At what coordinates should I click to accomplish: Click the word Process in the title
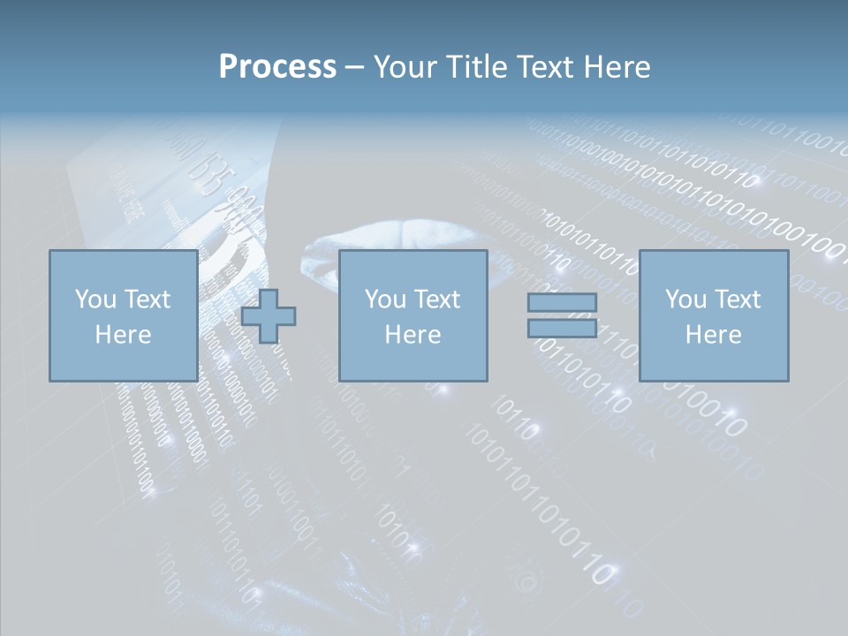pyautogui.click(x=277, y=67)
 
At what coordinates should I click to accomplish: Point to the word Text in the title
pyautogui.click(x=545, y=67)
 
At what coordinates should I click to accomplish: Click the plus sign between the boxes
pyautogui.click(x=269, y=316)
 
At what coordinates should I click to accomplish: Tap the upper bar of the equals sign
pyautogui.click(x=562, y=303)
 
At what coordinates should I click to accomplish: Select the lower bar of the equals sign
pyautogui.click(x=562, y=328)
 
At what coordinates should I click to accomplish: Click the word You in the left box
pyautogui.click(x=95, y=299)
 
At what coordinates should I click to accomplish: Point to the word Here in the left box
pyautogui.click(x=123, y=335)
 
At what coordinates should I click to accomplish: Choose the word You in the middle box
pyautogui.click(x=385, y=299)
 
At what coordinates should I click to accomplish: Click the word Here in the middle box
pyautogui.click(x=413, y=335)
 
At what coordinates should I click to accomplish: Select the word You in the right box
pyautogui.click(x=685, y=299)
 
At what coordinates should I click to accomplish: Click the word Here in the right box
pyautogui.click(x=713, y=335)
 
